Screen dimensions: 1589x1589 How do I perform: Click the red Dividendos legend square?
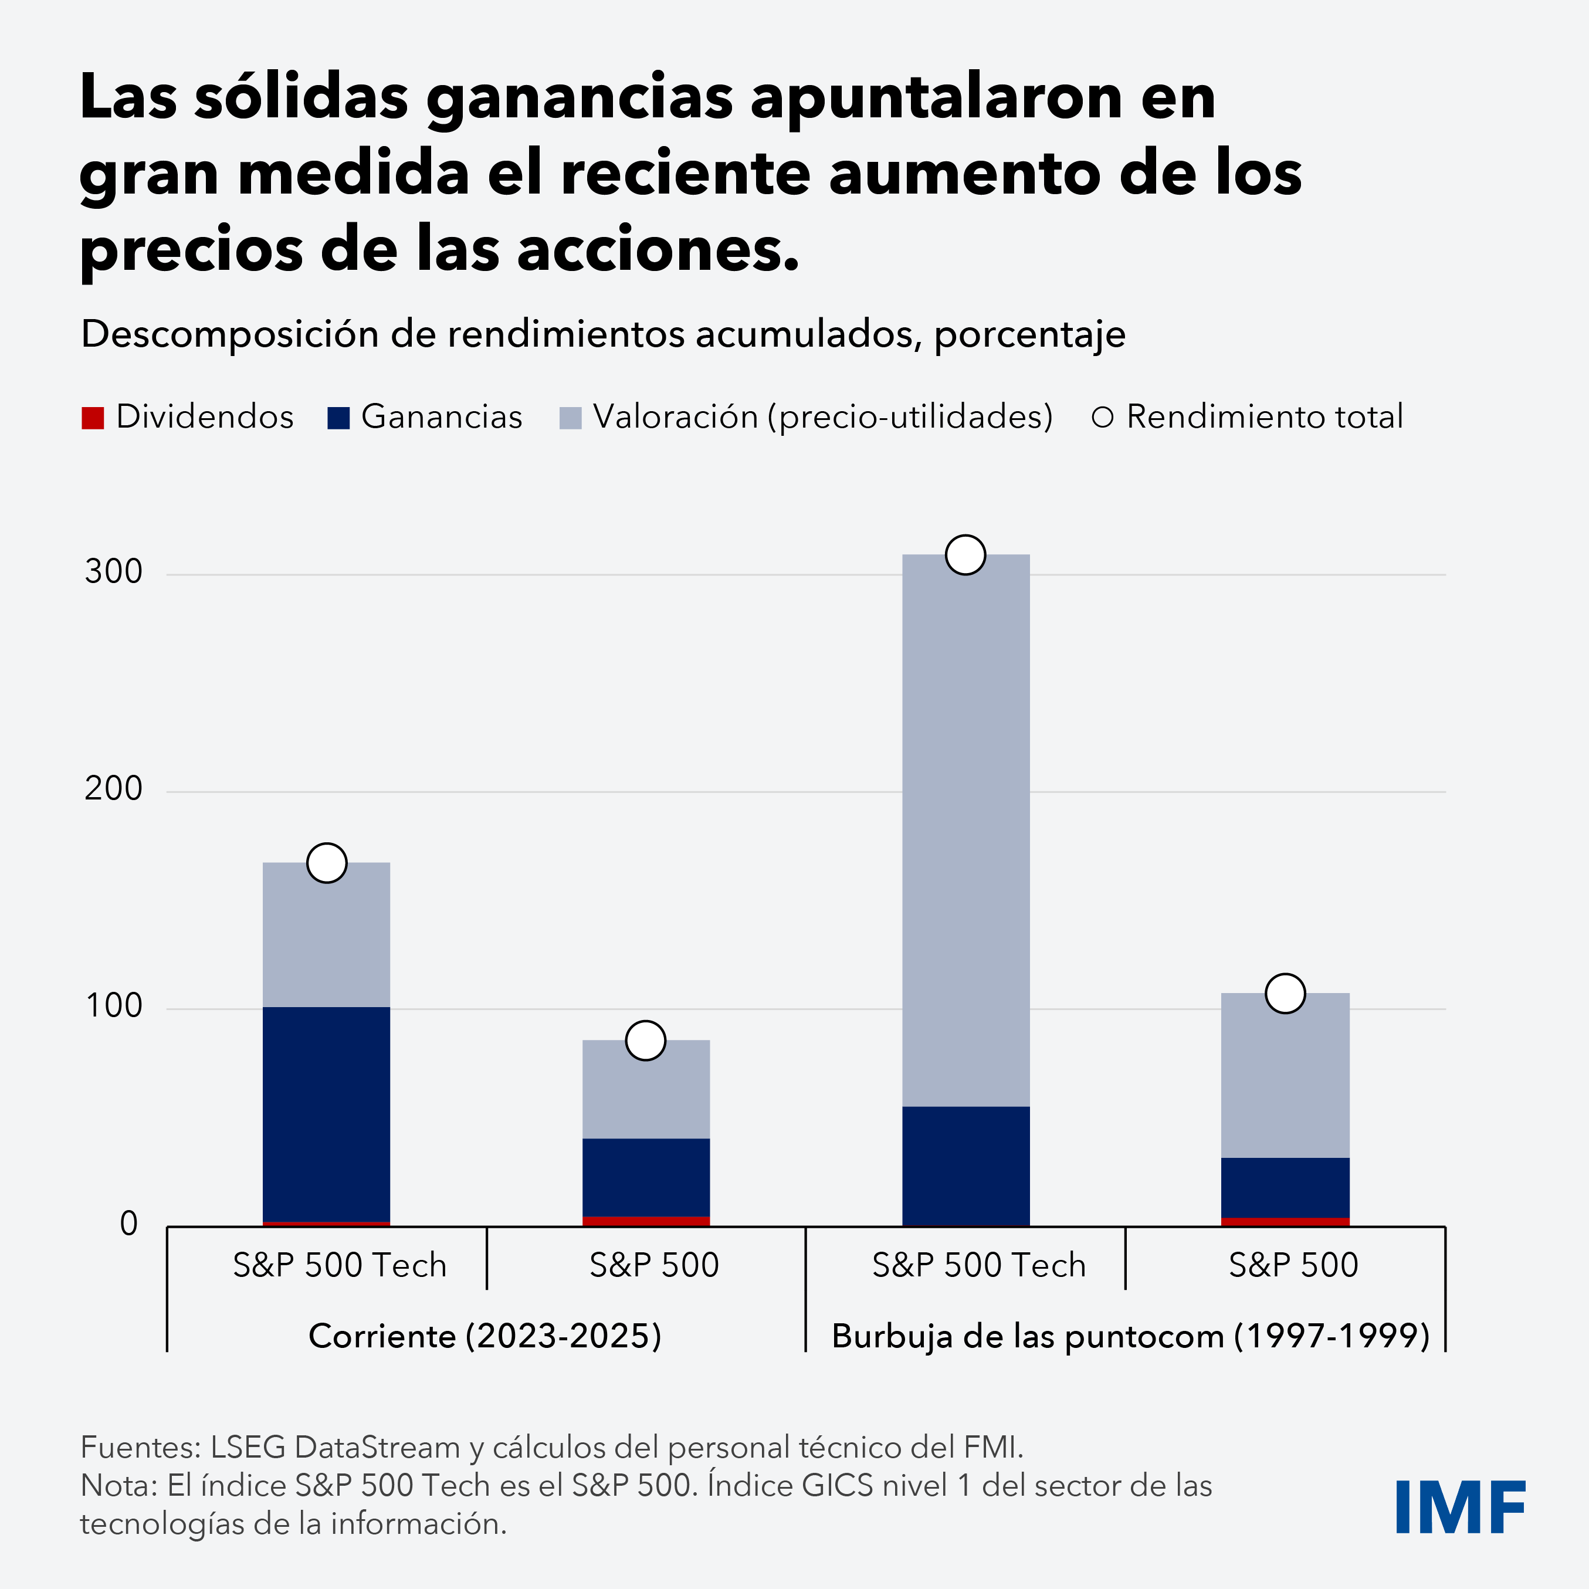[x=93, y=418]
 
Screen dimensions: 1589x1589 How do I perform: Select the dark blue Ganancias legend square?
[x=338, y=418]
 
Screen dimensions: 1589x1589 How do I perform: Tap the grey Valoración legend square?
[x=570, y=418]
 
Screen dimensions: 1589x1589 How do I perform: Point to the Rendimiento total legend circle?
[x=1102, y=418]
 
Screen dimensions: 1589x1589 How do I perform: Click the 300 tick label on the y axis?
[x=114, y=572]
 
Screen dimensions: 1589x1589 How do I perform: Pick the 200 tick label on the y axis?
[x=114, y=789]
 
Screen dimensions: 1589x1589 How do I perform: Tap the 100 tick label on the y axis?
[x=114, y=1006]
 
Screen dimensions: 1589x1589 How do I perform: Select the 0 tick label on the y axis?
[x=128, y=1224]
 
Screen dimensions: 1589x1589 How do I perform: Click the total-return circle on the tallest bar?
[x=965, y=554]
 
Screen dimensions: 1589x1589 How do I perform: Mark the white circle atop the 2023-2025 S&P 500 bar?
[x=646, y=1041]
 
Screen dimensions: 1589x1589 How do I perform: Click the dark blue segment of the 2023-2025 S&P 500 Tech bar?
[x=327, y=1114]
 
